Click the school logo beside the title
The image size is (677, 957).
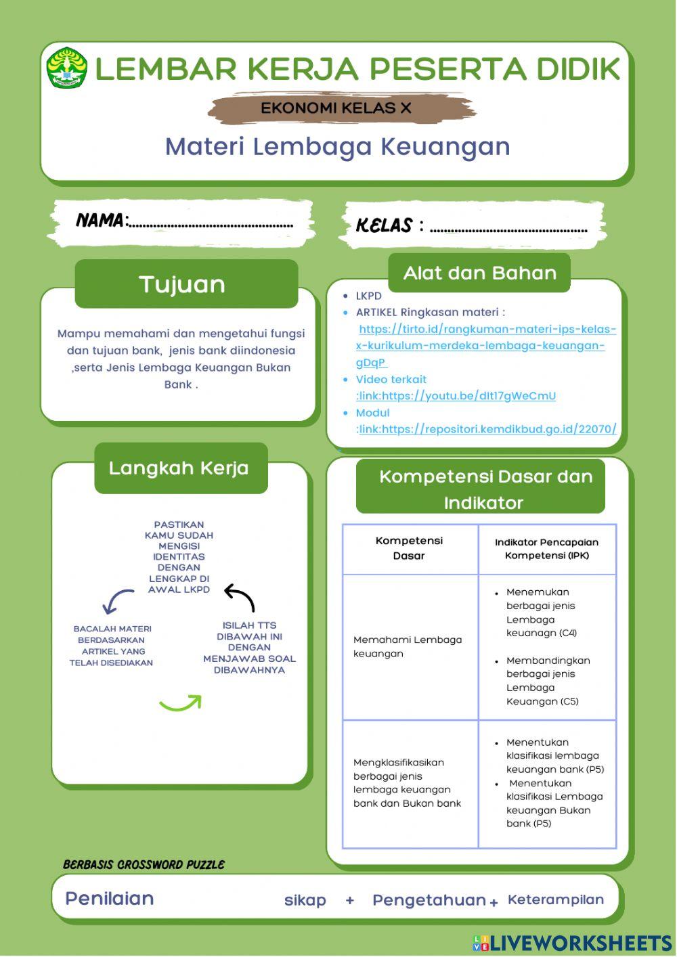(x=66, y=68)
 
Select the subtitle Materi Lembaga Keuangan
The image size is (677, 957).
(x=337, y=147)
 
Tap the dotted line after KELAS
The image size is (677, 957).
(x=508, y=229)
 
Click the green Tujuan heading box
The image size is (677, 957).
(x=185, y=284)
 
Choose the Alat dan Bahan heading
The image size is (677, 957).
(x=479, y=273)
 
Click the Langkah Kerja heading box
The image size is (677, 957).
(x=180, y=468)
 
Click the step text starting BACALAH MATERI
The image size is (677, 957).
(x=112, y=646)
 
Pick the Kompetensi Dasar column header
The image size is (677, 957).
(x=409, y=548)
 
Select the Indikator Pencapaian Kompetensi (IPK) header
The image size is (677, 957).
(x=546, y=549)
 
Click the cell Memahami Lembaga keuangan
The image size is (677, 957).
(x=407, y=646)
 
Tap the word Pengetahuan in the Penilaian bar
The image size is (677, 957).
(x=429, y=900)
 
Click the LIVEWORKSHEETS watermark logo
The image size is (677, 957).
(x=572, y=943)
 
